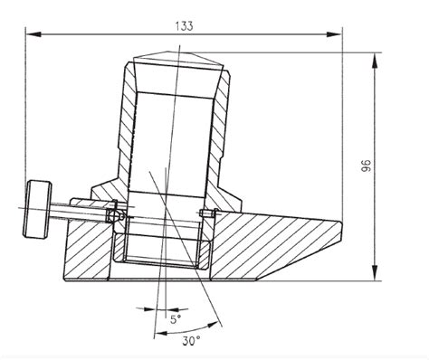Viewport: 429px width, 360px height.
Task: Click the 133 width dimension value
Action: coord(184,26)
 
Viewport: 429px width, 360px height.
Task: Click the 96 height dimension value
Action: coord(366,166)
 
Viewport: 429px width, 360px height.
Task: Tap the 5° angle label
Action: coord(176,319)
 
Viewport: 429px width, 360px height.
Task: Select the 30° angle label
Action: coord(191,341)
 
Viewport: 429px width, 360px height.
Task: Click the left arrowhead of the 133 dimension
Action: coord(33,34)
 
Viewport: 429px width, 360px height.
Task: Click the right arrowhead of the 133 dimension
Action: coord(334,34)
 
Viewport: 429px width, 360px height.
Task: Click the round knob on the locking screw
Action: coord(37,209)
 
